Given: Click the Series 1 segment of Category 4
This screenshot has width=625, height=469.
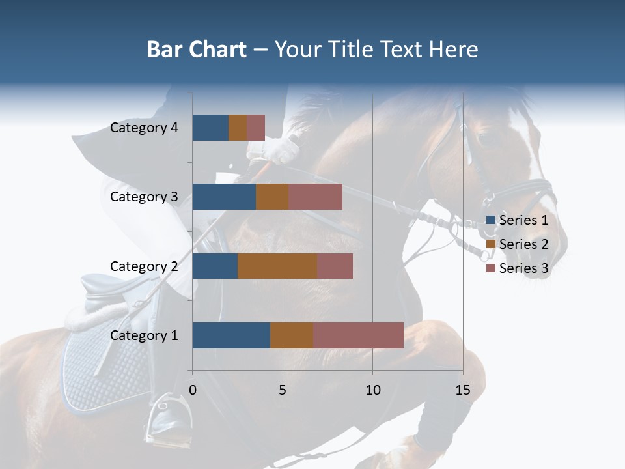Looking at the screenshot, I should [x=210, y=128].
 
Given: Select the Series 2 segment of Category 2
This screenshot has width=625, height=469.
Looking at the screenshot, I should [x=277, y=266].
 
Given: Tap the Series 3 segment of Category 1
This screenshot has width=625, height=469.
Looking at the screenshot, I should [x=358, y=335].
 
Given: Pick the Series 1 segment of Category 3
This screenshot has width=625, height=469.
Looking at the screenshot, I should [x=224, y=197].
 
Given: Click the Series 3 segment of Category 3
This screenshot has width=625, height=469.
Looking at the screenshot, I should [x=315, y=197].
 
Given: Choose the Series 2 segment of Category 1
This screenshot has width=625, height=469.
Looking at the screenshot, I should [x=292, y=335].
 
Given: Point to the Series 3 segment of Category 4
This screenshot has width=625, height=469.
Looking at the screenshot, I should [x=256, y=128].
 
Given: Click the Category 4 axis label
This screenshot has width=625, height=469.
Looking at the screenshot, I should [x=144, y=128].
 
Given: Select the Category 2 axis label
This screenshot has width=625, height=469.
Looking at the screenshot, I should [x=144, y=266].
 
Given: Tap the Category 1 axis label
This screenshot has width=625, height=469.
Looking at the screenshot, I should [x=144, y=335].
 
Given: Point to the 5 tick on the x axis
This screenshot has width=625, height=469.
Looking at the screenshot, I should [x=283, y=390].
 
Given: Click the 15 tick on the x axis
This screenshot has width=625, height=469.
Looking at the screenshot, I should [x=462, y=390].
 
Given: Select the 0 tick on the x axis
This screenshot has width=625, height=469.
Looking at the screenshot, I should [x=193, y=390].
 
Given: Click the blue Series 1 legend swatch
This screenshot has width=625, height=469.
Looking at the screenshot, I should [x=490, y=220].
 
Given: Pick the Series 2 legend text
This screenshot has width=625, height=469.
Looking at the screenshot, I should [x=523, y=244].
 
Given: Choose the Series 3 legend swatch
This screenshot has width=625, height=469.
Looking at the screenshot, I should [x=490, y=268].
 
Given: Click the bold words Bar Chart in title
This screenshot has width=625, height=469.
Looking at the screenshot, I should [x=197, y=50].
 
